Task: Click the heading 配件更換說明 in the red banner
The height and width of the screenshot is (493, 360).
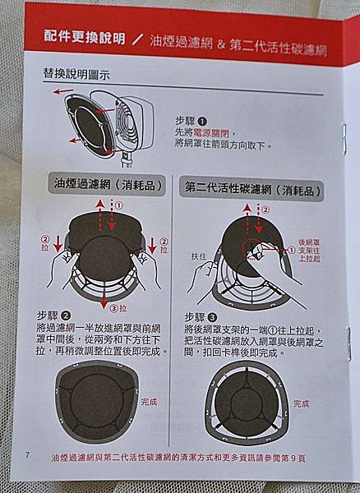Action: click(x=85, y=38)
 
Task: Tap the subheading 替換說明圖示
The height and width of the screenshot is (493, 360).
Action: click(x=76, y=74)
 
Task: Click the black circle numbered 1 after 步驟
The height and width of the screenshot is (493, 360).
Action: click(x=202, y=121)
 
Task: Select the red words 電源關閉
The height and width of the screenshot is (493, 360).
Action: click(x=211, y=133)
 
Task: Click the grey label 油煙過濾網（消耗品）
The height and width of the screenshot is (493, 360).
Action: click(x=107, y=185)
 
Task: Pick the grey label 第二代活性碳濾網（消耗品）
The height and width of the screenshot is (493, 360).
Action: click(x=252, y=189)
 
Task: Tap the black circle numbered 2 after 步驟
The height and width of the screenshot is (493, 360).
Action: click(x=66, y=316)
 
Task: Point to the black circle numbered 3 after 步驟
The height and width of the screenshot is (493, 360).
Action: click(x=212, y=317)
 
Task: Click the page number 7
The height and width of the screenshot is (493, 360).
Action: click(x=27, y=454)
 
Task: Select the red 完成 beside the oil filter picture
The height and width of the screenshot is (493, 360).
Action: click(x=149, y=402)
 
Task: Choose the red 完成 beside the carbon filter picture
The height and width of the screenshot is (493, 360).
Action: click(x=301, y=403)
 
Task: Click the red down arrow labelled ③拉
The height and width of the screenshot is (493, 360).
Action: click(x=104, y=298)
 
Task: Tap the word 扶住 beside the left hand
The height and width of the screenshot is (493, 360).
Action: click(x=199, y=256)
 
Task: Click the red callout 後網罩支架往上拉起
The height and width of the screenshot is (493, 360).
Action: click(x=309, y=251)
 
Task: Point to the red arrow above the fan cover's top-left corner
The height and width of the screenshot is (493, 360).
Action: click(x=63, y=91)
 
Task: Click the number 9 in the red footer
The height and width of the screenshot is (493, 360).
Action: click(x=293, y=458)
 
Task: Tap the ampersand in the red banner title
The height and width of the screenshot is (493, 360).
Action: click(x=221, y=44)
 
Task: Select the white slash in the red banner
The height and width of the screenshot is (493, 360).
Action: click(x=137, y=39)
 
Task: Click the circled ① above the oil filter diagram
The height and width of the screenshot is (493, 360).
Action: click(x=119, y=205)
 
